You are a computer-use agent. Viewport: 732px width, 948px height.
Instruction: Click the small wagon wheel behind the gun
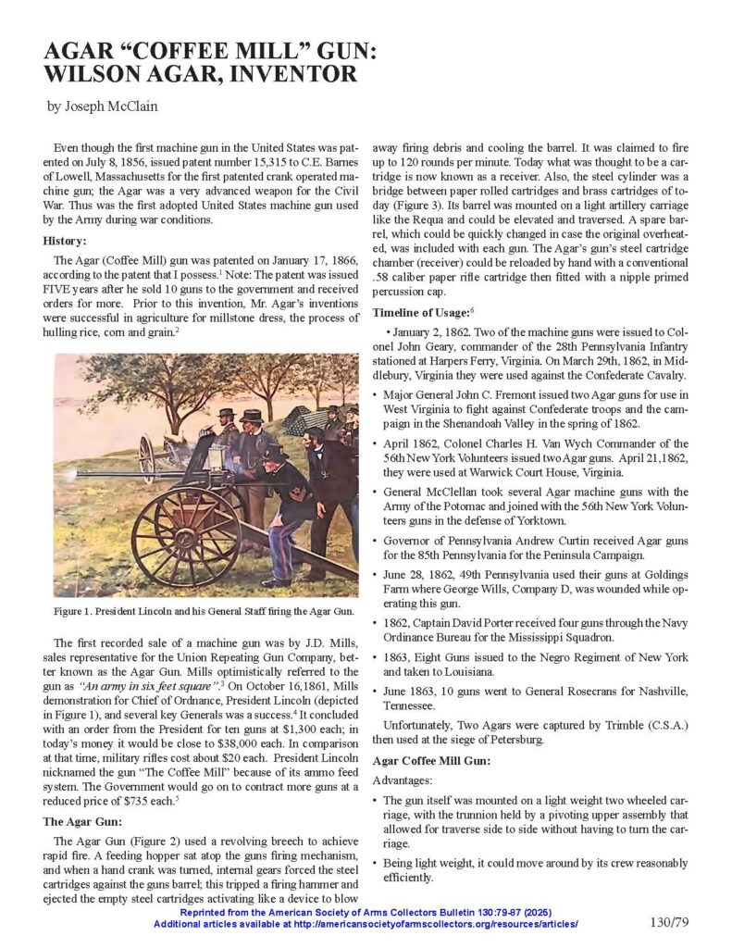tap(146, 458)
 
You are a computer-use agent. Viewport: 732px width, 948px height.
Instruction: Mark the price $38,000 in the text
tap(224, 725)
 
